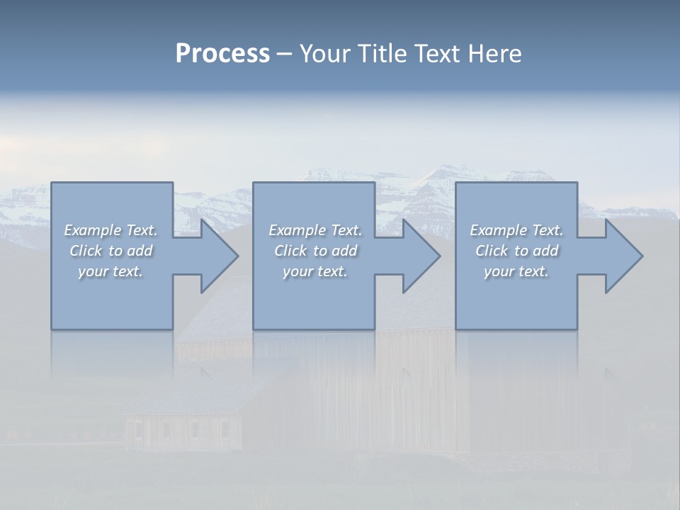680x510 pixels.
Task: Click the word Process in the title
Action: (222, 54)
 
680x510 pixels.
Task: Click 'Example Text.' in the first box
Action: (110, 230)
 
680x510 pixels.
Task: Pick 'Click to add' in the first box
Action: (110, 251)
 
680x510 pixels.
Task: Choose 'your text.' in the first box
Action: (110, 271)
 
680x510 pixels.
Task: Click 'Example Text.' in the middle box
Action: (315, 230)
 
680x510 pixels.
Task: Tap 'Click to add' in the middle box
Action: (315, 251)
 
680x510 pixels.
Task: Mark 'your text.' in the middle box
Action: (315, 271)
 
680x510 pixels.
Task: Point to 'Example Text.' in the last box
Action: (516, 230)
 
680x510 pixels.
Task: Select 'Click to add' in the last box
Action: (516, 251)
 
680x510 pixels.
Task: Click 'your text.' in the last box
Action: (516, 271)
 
